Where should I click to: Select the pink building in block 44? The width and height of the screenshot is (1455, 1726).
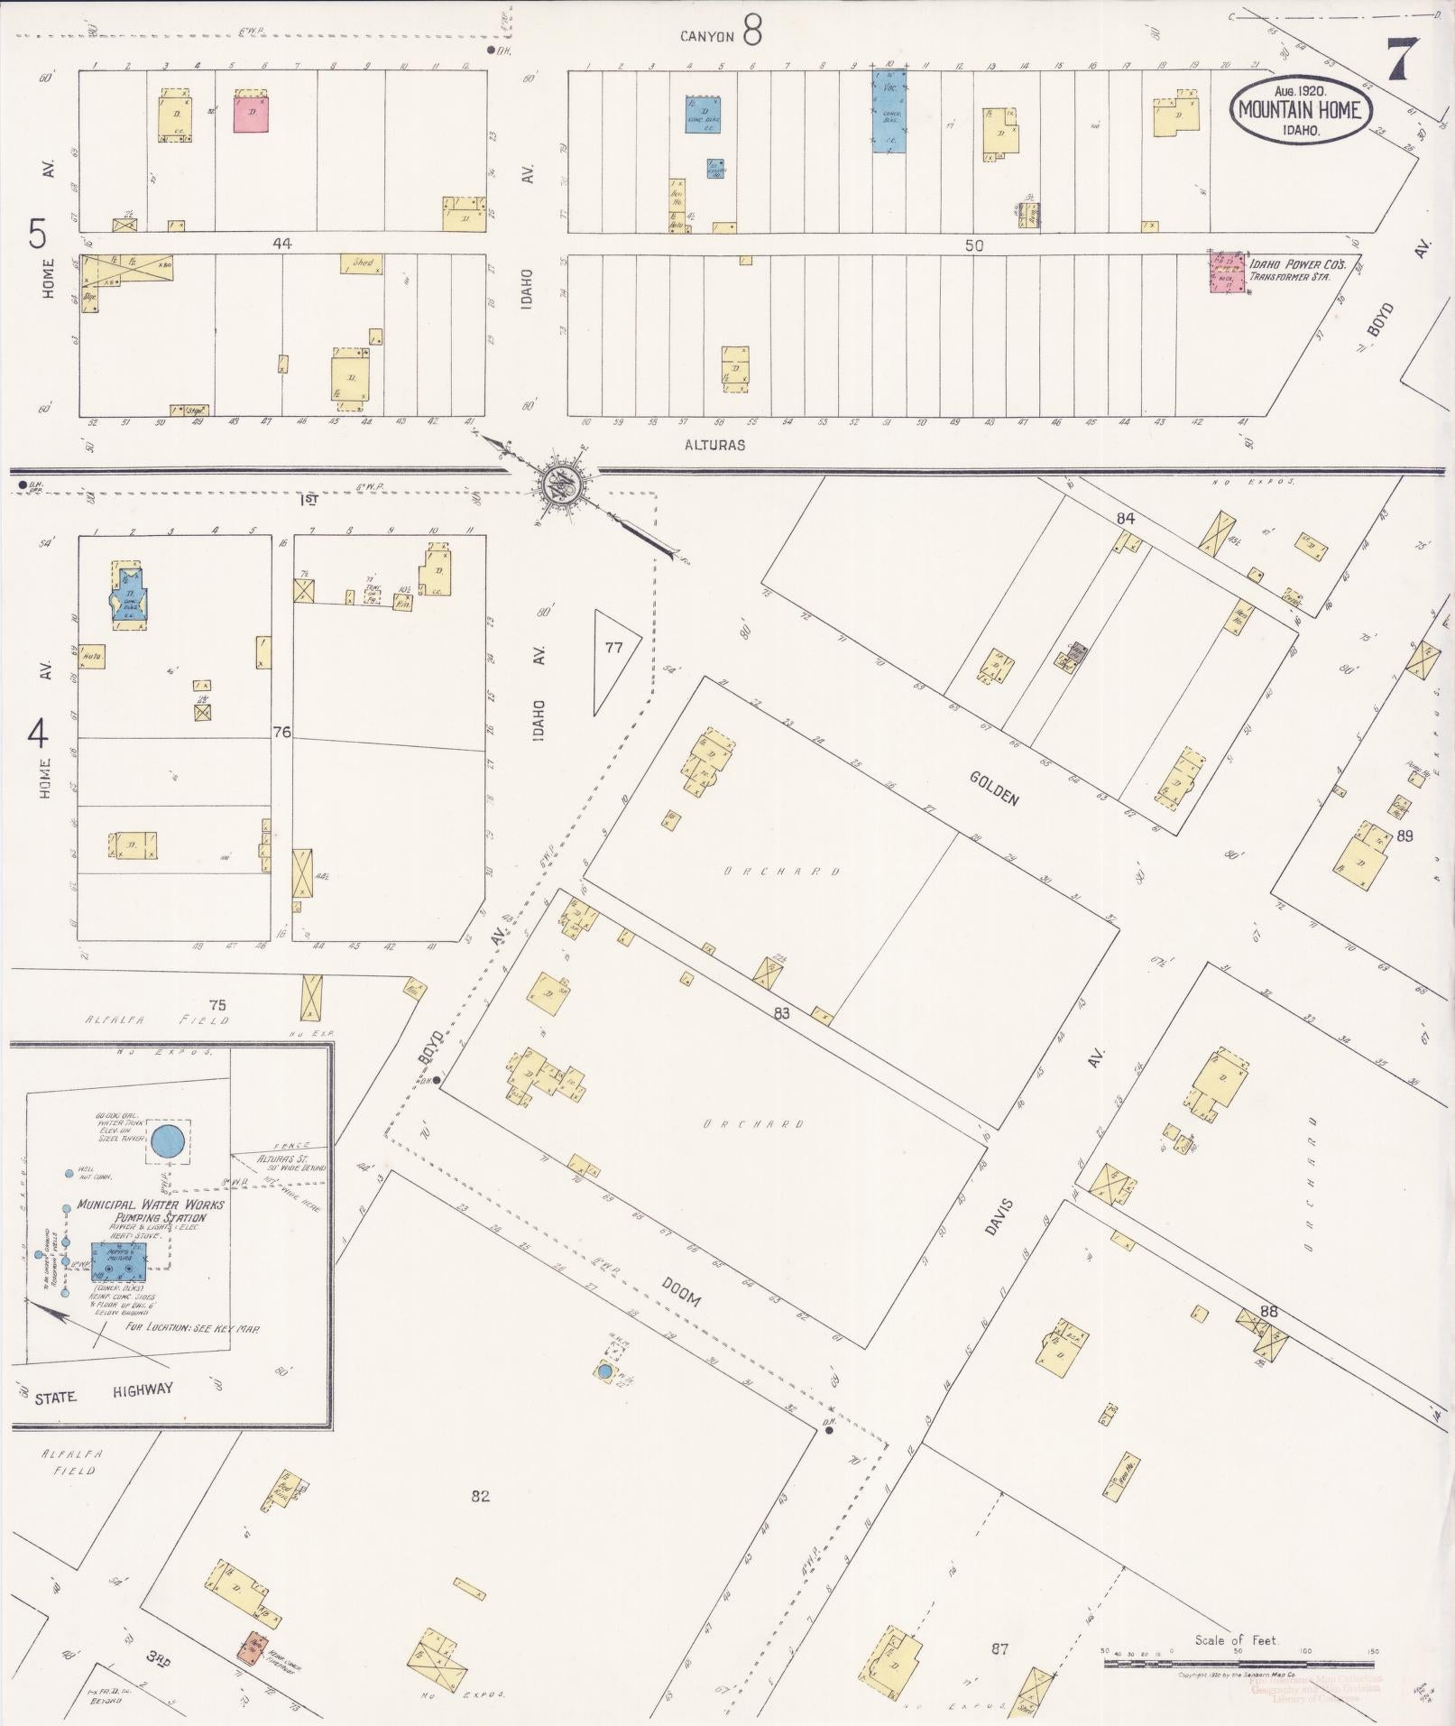click(252, 112)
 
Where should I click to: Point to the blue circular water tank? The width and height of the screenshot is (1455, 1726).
click(169, 1140)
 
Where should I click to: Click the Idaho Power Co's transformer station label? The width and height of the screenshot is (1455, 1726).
click(1297, 271)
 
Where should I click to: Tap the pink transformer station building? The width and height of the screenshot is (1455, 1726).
click(1227, 272)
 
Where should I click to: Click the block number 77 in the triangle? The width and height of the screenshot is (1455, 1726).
click(613, 647)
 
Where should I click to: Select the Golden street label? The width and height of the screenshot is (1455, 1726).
click(995, 789)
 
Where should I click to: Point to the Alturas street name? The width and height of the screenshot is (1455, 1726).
click(714, 445)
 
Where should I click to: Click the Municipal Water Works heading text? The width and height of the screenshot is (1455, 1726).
click(151, 1205)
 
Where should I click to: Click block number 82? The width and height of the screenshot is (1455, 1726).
click(480, 1496)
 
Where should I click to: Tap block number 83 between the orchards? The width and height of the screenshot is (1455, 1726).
click(781, 1013)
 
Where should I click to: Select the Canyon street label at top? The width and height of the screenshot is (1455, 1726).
click(707, 37)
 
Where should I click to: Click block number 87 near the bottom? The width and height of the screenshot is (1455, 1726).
click(999, 1648)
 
